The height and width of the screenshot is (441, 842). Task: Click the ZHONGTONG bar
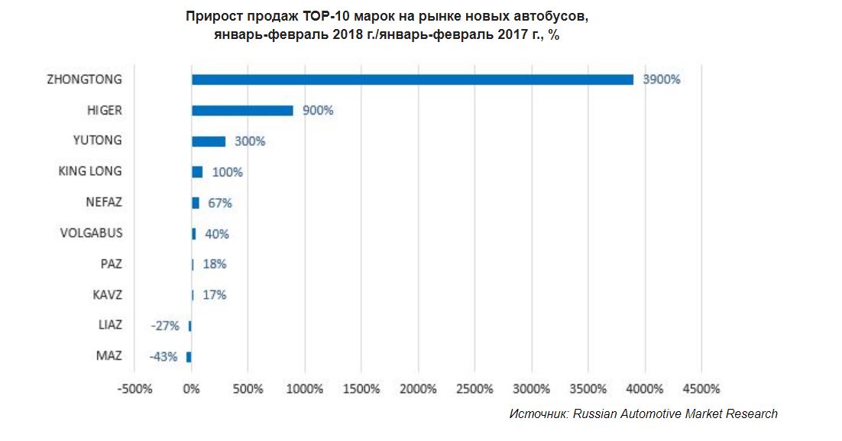[413, 79]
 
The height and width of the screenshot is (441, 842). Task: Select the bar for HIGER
[242, 110]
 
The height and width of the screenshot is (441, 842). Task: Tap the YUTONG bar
[209, 141]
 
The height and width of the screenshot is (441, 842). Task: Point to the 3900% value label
[661, 79]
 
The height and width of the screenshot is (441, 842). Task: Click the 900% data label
[317, 110]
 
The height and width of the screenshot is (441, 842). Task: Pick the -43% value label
[164, 356]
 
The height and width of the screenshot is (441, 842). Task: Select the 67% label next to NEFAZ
[219, 203]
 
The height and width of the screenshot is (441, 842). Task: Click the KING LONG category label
[90, 171]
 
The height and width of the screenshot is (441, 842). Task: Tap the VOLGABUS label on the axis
[91, 233]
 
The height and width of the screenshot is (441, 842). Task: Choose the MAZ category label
[108, 356]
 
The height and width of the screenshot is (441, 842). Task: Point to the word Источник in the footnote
[538, 413]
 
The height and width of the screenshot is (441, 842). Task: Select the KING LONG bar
[197, 172]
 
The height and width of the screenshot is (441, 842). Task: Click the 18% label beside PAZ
[214, 264]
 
